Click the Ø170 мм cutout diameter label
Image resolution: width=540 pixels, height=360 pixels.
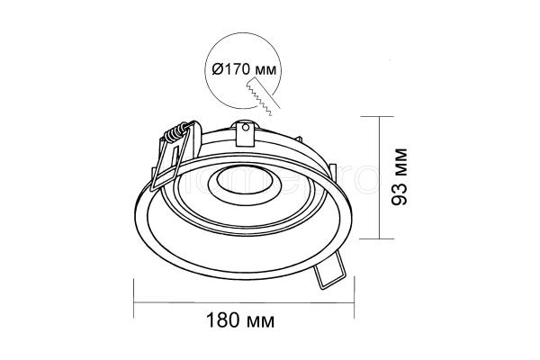pos(244,69)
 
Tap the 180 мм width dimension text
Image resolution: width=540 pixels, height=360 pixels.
pos(240,320)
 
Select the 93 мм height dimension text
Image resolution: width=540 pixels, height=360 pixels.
pos(400,176)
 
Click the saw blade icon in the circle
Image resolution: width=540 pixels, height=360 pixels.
pos(263,96)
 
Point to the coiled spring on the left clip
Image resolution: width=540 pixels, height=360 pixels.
pos(176,132)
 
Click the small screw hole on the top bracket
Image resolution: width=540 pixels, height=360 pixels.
pos(245,128)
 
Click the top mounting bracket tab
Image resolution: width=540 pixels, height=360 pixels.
pos(245,133)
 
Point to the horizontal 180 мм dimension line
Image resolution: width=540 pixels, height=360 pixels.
pos(244,302)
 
